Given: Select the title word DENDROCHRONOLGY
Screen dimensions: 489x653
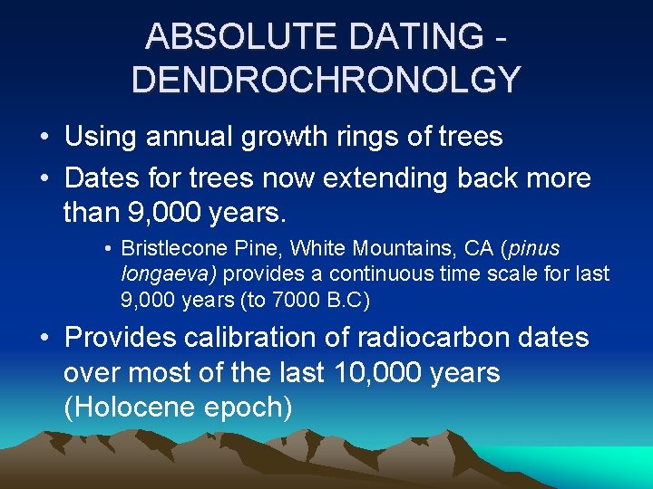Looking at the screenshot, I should (x=326, y=79).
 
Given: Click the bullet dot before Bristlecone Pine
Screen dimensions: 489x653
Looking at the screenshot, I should (x=107, y=249).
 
